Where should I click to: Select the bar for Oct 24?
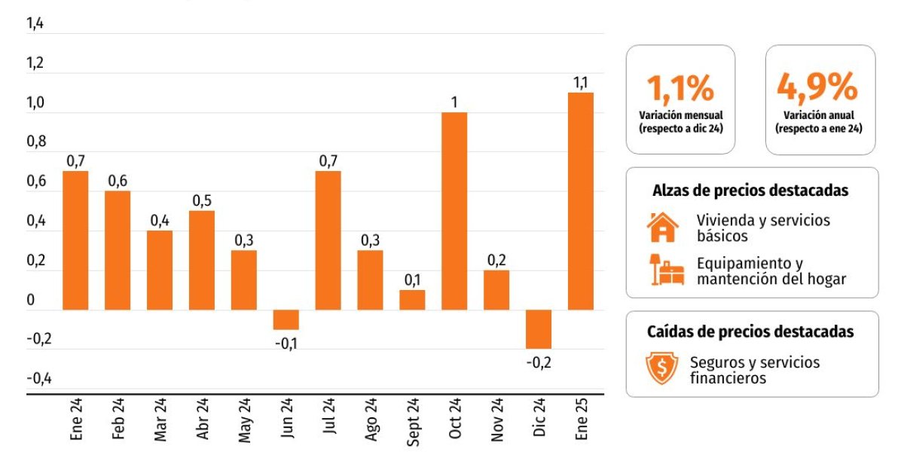point(454,211)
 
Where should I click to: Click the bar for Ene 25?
point(581,200)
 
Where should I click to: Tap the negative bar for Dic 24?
point(539,328)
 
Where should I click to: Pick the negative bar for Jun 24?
point(286,319)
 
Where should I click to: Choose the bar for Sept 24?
point(412,300)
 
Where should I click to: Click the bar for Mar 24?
point(159,270)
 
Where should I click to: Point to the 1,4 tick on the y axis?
point(35,24)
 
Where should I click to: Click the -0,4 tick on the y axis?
point(38,378)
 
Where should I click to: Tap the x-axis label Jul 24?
point(328,421)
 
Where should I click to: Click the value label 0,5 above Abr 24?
point(201,200)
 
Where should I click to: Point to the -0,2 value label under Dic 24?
point(539,362)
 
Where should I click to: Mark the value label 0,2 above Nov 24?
point(496,260)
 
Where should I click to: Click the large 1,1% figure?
point(680,88)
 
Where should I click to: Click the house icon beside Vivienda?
point(662,227)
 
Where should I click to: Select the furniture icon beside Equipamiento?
point(665,270)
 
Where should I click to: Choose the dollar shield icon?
point(662,368)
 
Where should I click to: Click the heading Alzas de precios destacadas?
point(750,191)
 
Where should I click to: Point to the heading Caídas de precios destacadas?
point(750,331)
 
